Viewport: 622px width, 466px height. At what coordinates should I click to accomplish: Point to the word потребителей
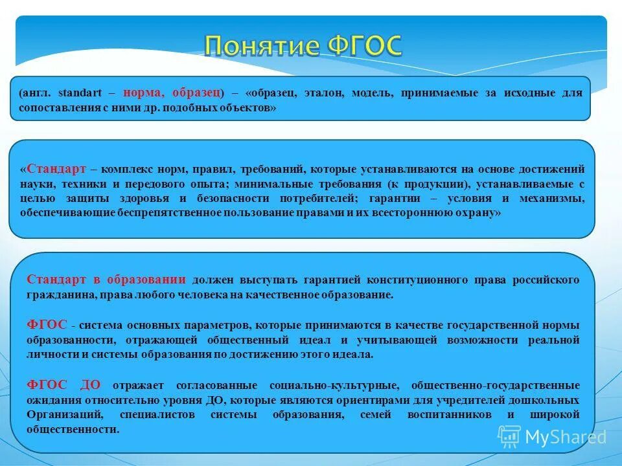[x=313, y=198]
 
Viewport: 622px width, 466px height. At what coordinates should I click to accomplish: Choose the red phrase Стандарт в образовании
[x=106, y=280]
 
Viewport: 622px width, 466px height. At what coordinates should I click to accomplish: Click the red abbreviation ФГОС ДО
[x=64, y=385]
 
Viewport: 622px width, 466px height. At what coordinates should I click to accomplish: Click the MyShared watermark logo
[x=552, y=437]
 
